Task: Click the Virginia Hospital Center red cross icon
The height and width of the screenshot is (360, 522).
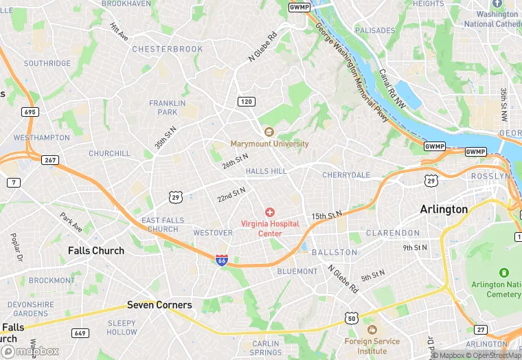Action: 270,212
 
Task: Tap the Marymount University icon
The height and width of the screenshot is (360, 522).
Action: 269,132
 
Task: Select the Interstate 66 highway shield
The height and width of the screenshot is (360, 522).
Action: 221,260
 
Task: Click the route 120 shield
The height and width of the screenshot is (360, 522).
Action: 245,102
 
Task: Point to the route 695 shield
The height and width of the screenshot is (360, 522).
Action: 30,112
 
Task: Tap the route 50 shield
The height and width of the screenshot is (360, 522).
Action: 352,318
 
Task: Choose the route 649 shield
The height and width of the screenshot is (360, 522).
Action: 80,333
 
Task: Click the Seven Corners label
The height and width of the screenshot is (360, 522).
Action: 159,305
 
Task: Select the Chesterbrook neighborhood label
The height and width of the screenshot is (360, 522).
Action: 168,49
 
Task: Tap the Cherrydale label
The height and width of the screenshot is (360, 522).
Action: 346,175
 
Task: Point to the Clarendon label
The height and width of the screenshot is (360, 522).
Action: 393,233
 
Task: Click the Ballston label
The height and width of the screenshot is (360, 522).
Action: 334,252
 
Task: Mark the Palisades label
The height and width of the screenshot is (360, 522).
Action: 375,31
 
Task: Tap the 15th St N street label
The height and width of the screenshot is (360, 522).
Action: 326,216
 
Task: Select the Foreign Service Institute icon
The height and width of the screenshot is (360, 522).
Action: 372,323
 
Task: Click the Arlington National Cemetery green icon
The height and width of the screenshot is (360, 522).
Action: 505,273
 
